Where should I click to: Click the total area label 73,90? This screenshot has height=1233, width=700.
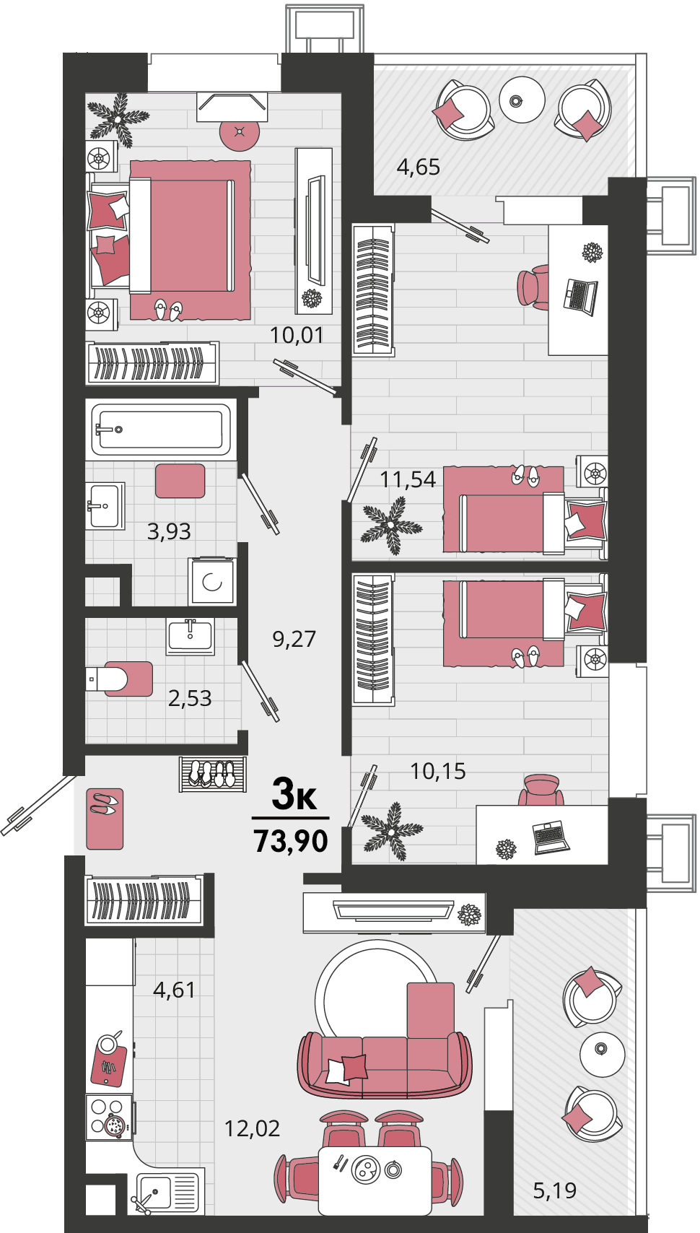(x=291, y=841)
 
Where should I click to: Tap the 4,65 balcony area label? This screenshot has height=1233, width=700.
(x=419, y=167)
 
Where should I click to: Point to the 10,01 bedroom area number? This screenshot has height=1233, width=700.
(x=296, y=335)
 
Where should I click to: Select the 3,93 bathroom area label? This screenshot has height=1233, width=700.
(x=169, y=532)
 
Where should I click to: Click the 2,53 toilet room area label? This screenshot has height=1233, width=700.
(x=190, y=699)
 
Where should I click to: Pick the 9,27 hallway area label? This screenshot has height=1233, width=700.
(x=294, y=639)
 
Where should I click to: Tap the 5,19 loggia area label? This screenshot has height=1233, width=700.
(x=555, y=1190)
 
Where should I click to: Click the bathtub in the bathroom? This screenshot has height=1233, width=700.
(x=161, y=430)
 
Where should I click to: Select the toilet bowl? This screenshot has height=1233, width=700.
(x=119, y=679)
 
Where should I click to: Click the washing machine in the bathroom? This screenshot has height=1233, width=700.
(x=212, y=581)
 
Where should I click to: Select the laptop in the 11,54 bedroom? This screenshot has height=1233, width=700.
(x=580, y=297)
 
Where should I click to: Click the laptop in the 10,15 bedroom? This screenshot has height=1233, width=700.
(x=551, y=837)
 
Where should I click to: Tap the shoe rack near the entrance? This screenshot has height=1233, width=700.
(x=212, y=775)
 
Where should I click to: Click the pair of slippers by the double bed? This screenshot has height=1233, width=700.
(x=168, y=310)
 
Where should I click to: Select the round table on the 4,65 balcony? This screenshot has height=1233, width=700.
(x=522, y=100)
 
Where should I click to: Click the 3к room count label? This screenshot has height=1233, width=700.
(x=294, y=795)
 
